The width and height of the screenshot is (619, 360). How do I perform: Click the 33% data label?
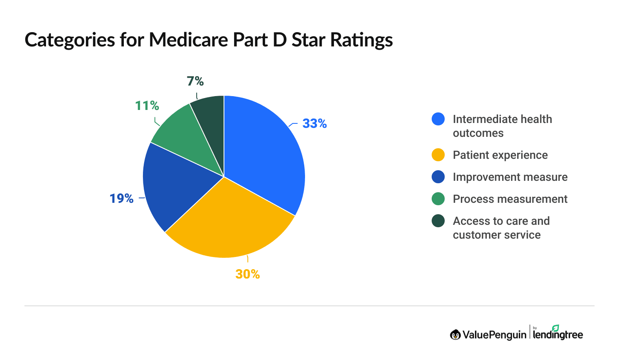pyautogui.click(x=314, y=123)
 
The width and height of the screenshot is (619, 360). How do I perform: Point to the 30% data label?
pyautogui.click(x=248, y=274)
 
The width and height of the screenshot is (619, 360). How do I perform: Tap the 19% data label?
pyautogui.click(x=121, y=198)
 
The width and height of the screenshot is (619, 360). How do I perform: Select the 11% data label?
pyautogui.click(x=147, y=106)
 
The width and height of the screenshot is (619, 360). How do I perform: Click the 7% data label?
pyautogui.click(x=195, y=81)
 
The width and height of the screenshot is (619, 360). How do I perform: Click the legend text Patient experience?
pyautogui.click(x=500, y=155)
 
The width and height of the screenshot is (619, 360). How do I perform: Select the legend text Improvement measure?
pyautogui.click(x=510, y=177)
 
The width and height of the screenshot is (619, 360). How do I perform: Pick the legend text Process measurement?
pyautogui.click(x=510, y=199)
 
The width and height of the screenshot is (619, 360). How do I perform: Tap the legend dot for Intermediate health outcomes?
pyautogui.click(x=438, y=119)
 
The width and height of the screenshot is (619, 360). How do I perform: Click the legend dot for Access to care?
pyautogui.click(x=438, y=221)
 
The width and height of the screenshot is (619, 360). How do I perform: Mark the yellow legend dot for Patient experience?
pyautogui.click(x=438, y=155)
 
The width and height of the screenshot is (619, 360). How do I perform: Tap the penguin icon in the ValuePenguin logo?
pyautogui.click(x=455, y=335)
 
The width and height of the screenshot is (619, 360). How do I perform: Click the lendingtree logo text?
pyautogui.click(x=558, y=335)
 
